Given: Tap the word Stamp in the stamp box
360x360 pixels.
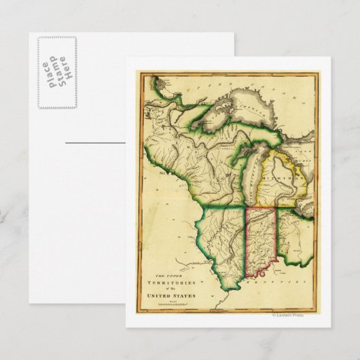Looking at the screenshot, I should click(x=56, y=73).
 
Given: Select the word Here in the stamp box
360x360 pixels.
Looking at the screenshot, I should click(x=67, y=73).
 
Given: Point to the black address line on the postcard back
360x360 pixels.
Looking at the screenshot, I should click(x=95, y=143).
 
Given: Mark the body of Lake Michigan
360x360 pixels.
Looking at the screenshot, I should click(x=252, y=177).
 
